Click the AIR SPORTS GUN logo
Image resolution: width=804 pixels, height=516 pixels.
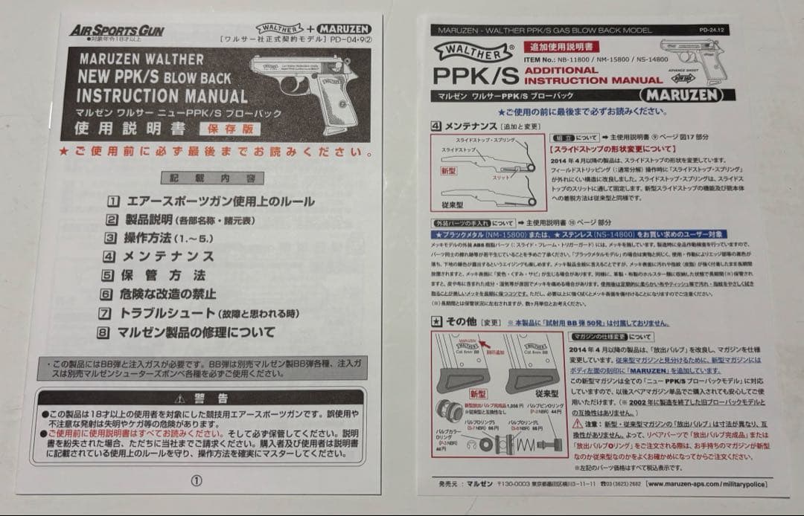tap(117, 30)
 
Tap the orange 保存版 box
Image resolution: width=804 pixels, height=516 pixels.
tap(225, 129)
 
